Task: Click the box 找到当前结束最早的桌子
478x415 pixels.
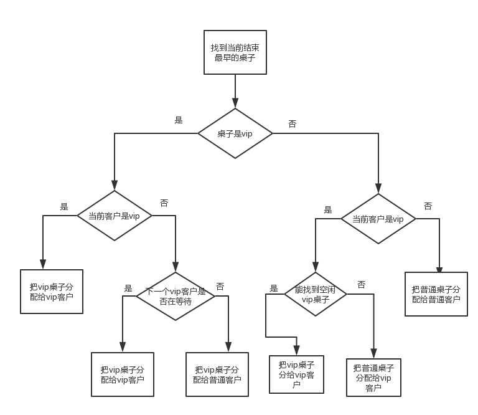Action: point(235,52)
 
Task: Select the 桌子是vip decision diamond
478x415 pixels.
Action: point(235,133)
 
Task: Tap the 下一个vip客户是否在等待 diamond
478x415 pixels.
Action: point(176,296)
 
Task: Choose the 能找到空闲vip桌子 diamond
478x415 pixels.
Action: point(315,295)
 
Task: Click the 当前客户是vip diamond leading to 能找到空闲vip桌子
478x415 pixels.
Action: point(379,219)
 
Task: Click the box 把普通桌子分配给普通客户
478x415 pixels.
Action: point(436,294)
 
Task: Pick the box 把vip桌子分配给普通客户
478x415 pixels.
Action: point(217,374)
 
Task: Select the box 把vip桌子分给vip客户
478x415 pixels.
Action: point(296,374)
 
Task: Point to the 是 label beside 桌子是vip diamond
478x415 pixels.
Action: point(179,120)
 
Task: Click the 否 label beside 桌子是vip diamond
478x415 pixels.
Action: point(292,123)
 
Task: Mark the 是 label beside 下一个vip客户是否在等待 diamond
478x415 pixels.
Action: point(128,288)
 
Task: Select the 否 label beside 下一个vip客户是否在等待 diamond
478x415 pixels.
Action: point(220,287)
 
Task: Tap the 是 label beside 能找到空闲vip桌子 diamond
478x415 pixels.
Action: point(274,288)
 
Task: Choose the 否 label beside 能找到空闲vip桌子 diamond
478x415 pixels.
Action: point(361,285)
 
